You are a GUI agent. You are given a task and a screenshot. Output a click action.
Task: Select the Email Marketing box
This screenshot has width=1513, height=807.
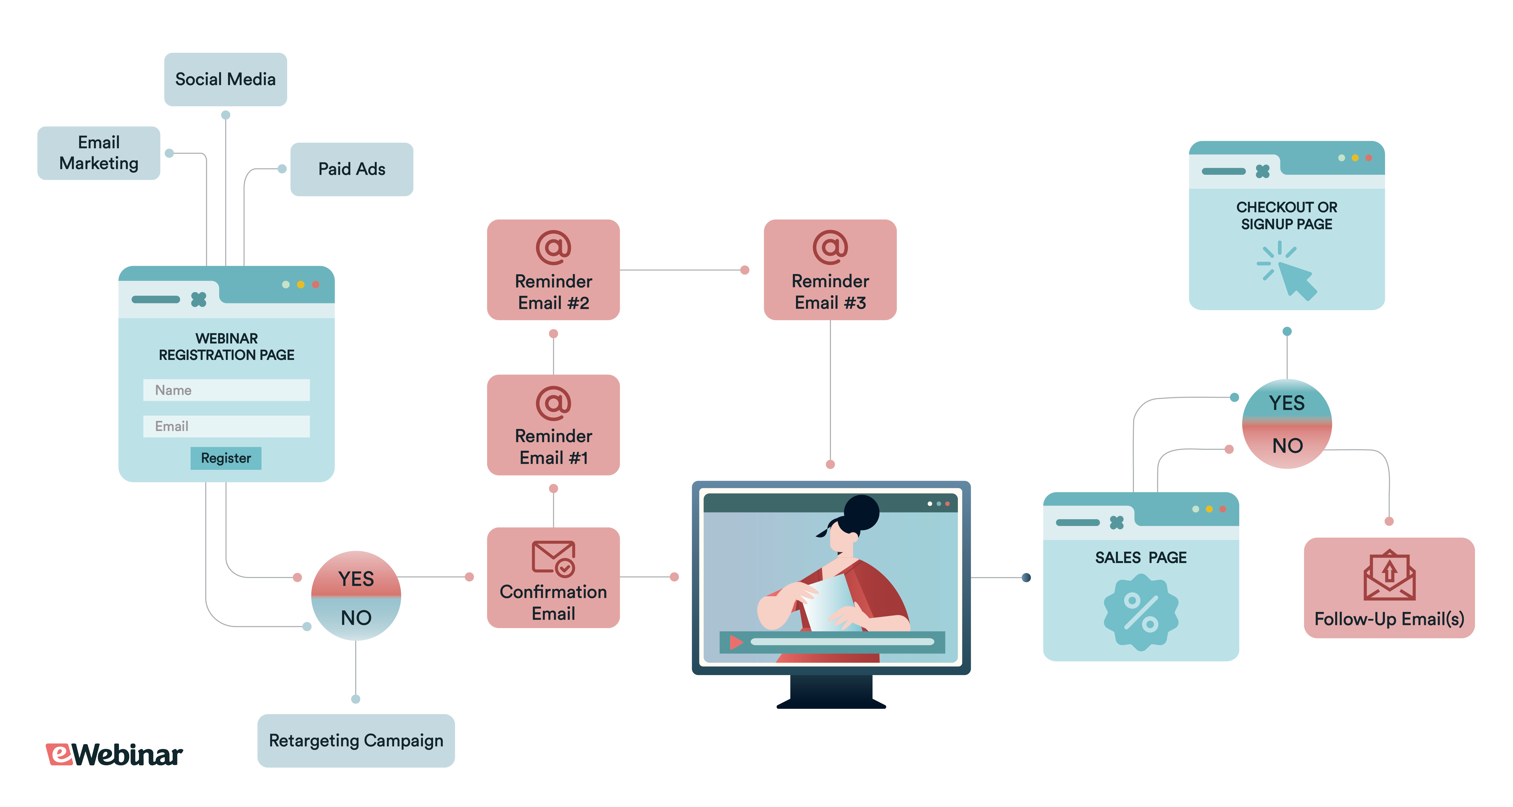click(99, 153)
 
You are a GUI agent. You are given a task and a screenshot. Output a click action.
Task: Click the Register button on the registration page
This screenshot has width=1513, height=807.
click(226, 458)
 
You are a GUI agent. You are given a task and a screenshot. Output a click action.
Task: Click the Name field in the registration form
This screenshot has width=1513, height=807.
click(226, 390)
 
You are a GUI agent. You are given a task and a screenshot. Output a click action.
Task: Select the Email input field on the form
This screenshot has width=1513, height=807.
click(226, 426)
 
